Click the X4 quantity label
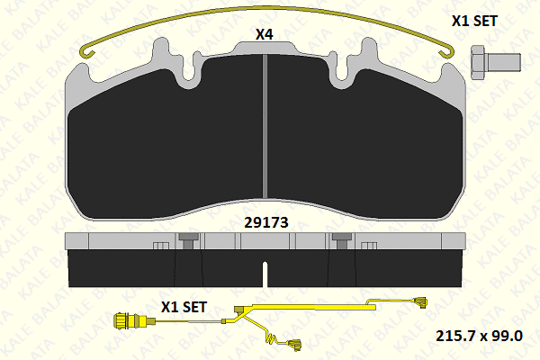(264, 35)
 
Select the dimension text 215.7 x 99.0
(478, 336)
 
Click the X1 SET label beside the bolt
(472, 19)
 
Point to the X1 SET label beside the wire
(184, 306)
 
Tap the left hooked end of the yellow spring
(87, 52)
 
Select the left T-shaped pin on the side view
(188, 239)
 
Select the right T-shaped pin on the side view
(340, 239)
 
